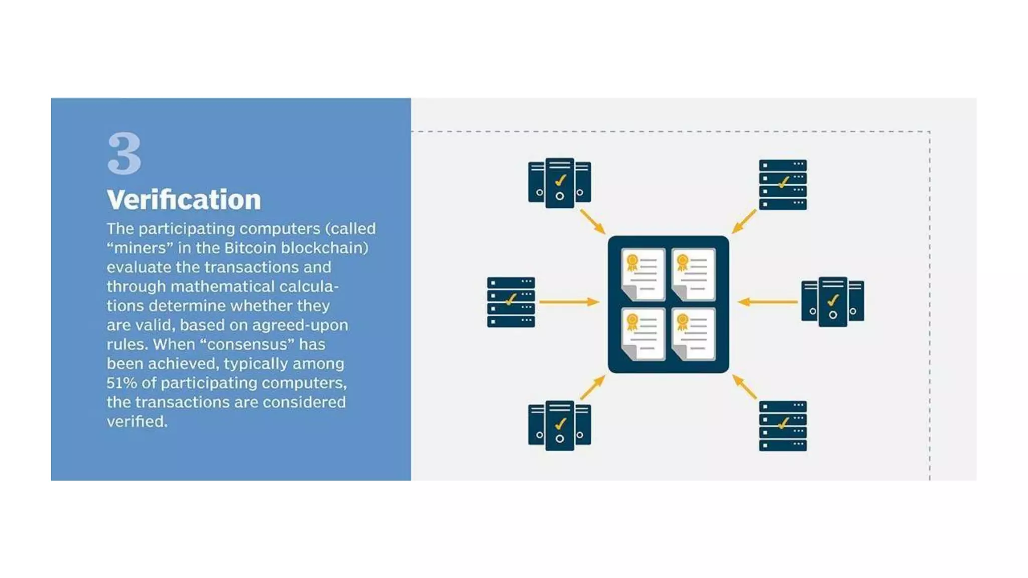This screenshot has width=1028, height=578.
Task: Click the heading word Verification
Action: pos(184,200)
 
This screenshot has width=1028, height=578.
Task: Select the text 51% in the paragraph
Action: pos(121,383)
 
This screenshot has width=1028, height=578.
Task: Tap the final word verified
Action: pos(137,421)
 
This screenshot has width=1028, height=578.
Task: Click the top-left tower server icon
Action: pos(559,183)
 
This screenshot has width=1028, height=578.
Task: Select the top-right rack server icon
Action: pos(783,184)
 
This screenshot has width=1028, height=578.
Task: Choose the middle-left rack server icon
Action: pos(510,302)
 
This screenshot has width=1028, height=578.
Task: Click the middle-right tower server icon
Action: pos(832,302)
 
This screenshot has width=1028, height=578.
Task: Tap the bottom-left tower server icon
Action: pos(559,425)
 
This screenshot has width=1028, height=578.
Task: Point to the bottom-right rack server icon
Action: pos(783,425)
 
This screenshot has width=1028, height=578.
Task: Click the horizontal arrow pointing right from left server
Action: pos(569,302)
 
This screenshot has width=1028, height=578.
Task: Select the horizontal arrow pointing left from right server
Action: pos(767,302)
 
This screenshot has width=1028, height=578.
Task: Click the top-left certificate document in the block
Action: pos(643,274)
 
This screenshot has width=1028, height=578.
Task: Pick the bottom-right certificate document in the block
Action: pos(693,334)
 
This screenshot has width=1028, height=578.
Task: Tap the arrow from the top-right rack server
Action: pos(744,221)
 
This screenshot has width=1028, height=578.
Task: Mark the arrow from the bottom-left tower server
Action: pos(593,388)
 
